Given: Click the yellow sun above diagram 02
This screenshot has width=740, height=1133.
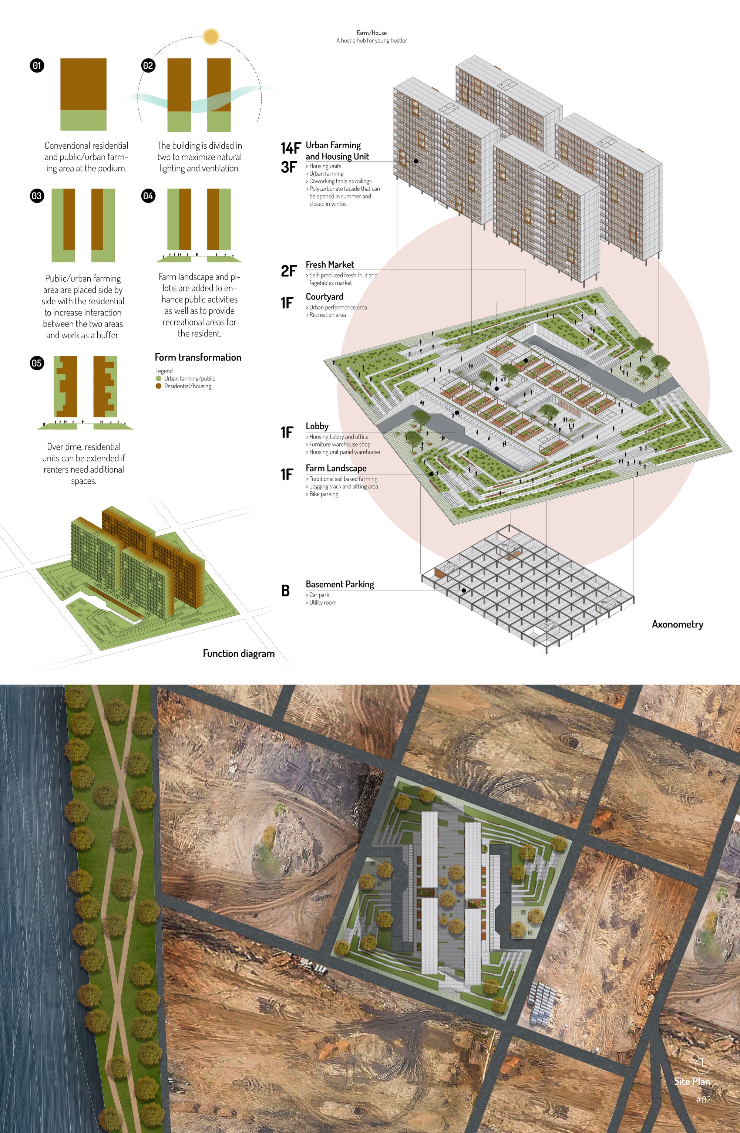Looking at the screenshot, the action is click(211, 37).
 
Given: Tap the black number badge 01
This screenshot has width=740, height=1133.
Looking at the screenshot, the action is click(37, 65).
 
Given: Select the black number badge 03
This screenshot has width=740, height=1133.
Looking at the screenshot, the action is click(37, 196).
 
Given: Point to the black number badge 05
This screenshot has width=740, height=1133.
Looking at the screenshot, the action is click(37, 363).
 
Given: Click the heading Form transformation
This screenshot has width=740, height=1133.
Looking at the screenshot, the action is click(198, 357).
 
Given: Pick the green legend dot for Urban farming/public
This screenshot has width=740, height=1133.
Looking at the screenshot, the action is click(159, 378).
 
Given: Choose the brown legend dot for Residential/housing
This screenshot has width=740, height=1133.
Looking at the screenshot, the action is click(159, 386).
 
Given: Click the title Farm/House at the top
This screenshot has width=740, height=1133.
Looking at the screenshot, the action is click(371, 33).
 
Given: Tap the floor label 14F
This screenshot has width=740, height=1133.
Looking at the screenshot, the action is click(290, 149).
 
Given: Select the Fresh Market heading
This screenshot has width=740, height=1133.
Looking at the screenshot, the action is click(330, 264).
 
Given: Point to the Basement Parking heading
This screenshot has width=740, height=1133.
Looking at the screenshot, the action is click(340, 584).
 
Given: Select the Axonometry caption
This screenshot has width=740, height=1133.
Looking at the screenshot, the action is click(677, 624).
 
